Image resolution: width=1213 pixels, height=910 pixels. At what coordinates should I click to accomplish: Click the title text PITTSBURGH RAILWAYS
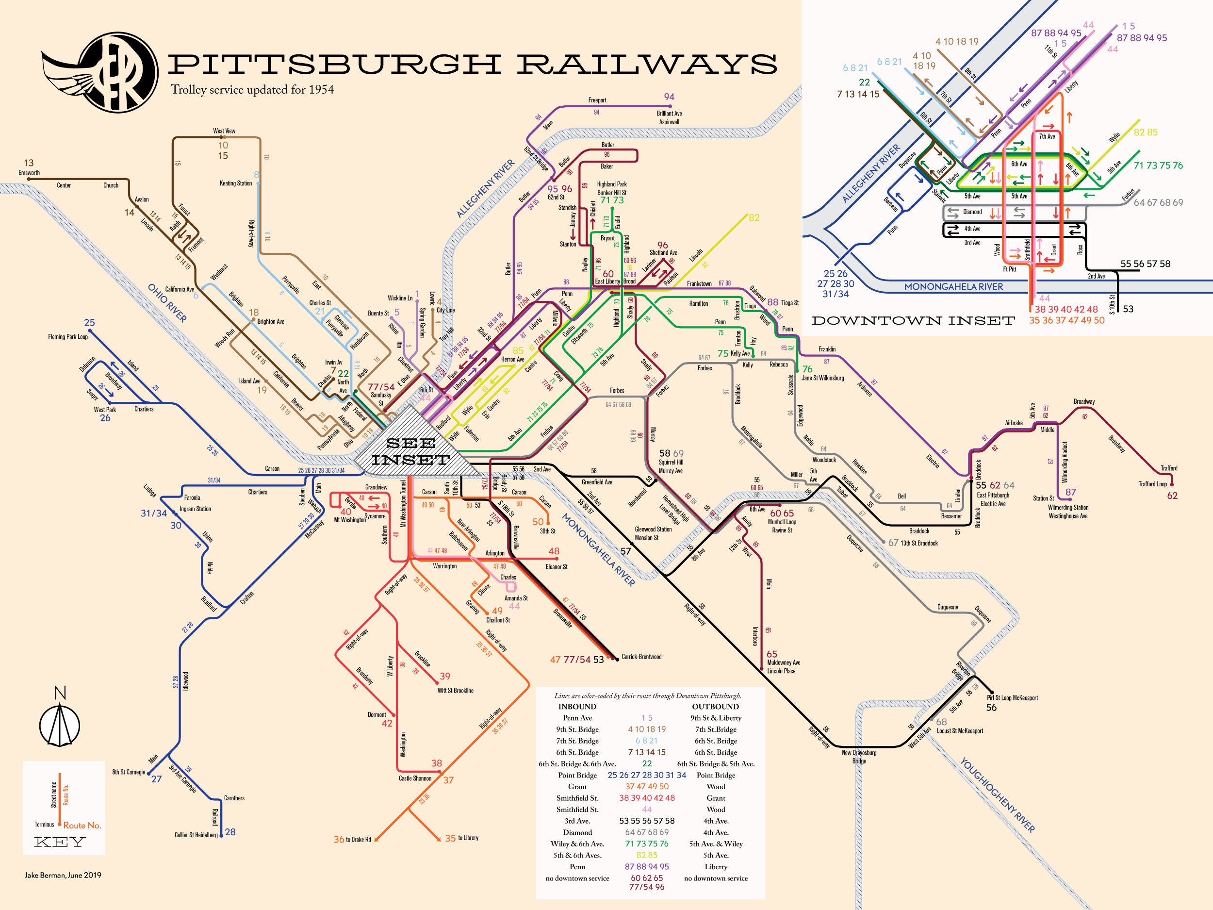472,64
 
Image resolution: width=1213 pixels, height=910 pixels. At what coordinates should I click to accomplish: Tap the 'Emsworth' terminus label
29,173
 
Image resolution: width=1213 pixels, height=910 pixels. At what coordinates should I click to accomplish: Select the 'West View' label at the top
224,131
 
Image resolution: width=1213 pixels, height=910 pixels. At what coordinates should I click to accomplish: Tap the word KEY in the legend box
59,842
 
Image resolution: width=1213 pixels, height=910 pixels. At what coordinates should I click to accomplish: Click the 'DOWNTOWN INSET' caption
913,320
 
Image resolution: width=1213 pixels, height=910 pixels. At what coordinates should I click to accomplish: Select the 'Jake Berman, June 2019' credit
63,875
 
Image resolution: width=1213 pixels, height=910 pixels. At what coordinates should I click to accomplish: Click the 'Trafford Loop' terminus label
1152,484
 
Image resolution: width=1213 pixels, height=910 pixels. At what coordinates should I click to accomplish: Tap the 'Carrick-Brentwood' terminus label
641,657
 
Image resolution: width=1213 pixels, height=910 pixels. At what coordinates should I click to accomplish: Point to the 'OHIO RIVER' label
167,303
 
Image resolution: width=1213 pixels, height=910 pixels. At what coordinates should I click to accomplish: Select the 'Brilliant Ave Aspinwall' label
669,117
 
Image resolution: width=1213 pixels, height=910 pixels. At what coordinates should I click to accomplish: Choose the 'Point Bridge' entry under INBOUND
577,775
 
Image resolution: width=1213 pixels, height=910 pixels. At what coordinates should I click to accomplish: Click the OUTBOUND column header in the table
715,707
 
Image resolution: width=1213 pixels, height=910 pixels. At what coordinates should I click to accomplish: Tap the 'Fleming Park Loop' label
67,337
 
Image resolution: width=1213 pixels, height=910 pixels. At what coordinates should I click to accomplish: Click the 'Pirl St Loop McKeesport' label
1012,698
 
